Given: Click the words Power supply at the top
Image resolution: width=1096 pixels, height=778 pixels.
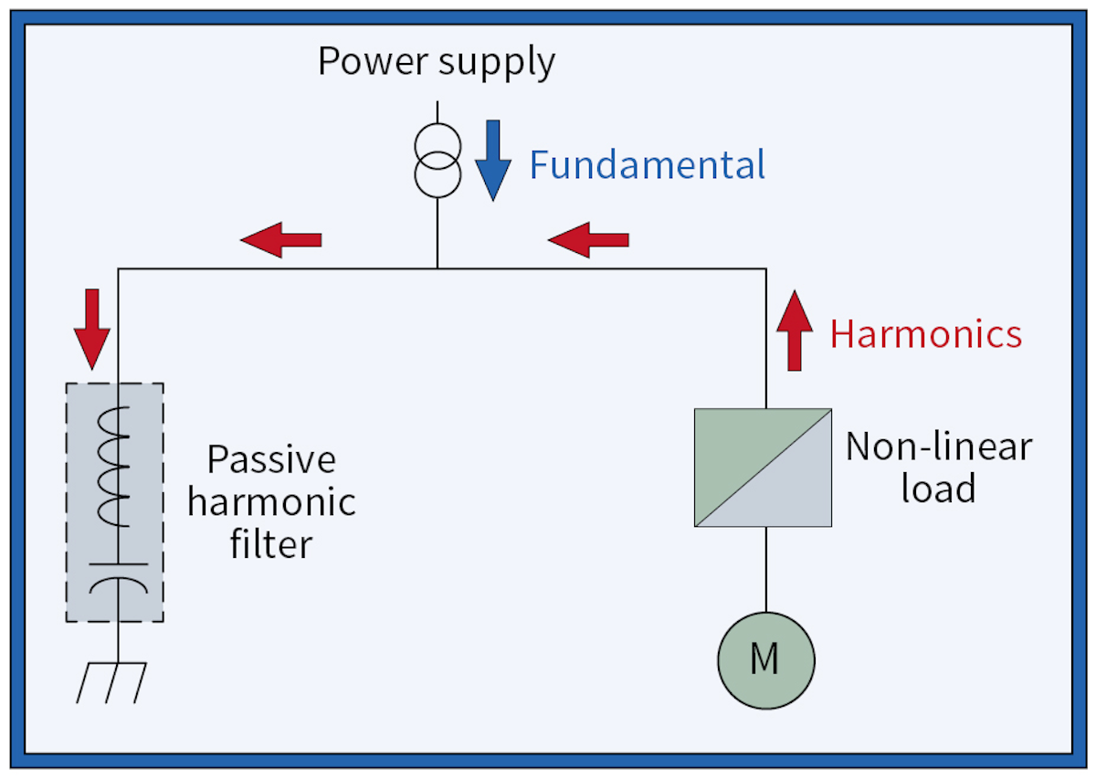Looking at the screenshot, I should [x=436, y=62].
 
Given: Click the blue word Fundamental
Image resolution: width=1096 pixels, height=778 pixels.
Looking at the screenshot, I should [x=647, y=165].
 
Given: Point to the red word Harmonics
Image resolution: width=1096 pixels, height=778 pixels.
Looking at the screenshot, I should [x=925, y=334].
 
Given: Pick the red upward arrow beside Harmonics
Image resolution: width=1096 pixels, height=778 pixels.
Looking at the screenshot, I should [x=795, y=330].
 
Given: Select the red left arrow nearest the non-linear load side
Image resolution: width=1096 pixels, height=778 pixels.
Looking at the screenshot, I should [x=588, y=239].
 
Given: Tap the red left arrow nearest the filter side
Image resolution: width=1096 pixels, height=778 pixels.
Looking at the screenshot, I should [x=281, y=239].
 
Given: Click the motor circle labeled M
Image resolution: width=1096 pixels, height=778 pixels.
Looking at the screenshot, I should [x=765, y=659].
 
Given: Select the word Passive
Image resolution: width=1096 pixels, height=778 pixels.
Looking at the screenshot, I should [x=271, y=459].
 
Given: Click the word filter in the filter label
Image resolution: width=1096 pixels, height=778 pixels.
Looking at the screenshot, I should [x=271, y=544].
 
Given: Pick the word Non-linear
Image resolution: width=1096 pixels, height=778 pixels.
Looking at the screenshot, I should [x=938, y=447].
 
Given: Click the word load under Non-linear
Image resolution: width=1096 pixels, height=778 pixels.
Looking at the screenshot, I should [x=938, y=489].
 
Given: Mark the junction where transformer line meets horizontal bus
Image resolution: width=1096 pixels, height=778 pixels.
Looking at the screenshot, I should [x=437, y=268].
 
